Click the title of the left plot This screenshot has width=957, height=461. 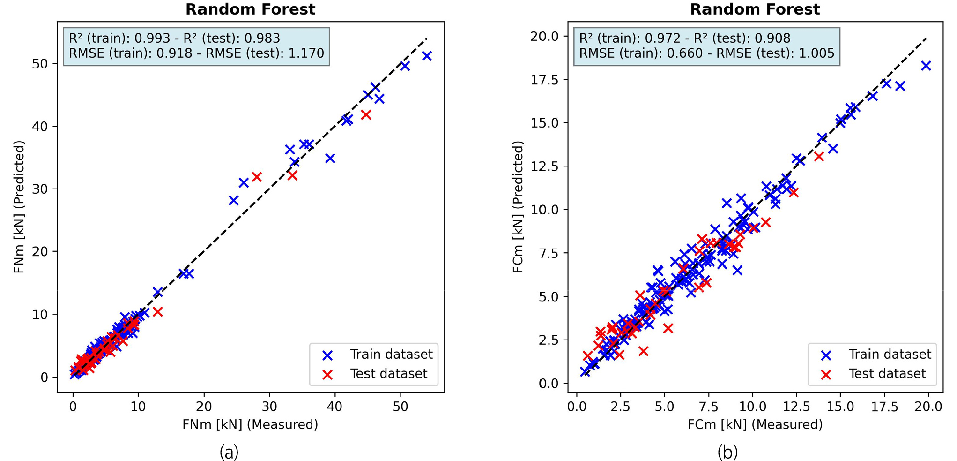[250, 9]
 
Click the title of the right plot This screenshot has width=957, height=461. [755, 9]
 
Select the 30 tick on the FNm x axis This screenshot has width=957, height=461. [269, 406]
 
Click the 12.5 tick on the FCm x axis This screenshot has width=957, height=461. [796, 406]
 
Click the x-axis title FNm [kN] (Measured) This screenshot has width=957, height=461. [250, 424]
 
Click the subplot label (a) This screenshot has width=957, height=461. [229, 452]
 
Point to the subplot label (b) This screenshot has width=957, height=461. [727, 452]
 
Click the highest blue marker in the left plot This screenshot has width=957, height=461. [427, 56]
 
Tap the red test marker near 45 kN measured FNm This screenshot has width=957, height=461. [366, 115]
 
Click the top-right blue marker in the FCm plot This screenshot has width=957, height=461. [926, 66]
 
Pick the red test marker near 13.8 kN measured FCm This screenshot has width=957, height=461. [819, 157]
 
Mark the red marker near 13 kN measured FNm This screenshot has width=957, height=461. [158, 312]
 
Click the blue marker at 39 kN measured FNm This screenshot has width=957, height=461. [330, 159]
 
